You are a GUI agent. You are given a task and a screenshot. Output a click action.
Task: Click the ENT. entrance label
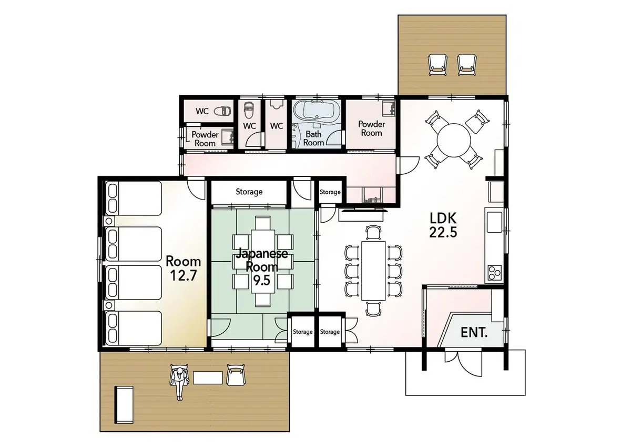474,333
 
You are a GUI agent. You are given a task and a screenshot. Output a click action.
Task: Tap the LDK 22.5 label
443,225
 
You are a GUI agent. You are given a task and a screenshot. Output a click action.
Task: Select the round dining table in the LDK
454,140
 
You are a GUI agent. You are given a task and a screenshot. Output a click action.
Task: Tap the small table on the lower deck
208,378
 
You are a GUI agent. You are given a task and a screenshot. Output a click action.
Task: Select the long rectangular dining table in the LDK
373,271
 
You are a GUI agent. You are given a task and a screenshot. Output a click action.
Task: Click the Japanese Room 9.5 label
262,267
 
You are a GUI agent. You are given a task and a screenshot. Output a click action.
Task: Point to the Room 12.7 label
183,269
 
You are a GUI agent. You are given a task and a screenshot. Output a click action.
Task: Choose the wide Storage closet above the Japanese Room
249,192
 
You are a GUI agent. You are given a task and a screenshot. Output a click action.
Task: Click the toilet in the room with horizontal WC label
223,111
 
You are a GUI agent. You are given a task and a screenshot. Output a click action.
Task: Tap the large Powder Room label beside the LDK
372,128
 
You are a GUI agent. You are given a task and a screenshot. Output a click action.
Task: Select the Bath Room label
313,138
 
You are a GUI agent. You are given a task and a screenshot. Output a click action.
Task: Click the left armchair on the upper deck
437,65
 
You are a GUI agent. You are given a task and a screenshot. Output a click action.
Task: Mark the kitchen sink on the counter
494,222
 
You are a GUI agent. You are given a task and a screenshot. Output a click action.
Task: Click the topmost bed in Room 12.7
134,198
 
